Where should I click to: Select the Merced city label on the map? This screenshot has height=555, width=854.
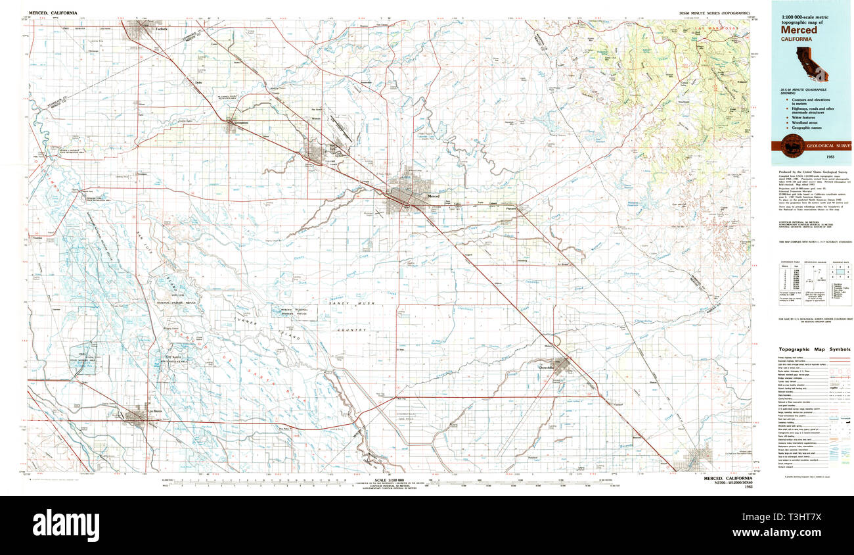[x=434, y=197]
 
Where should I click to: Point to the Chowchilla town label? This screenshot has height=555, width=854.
[x=547, y=368]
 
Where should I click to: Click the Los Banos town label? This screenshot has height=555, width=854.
[x=154, y=412]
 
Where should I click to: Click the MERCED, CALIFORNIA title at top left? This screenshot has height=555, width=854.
[x=52, y=13]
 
